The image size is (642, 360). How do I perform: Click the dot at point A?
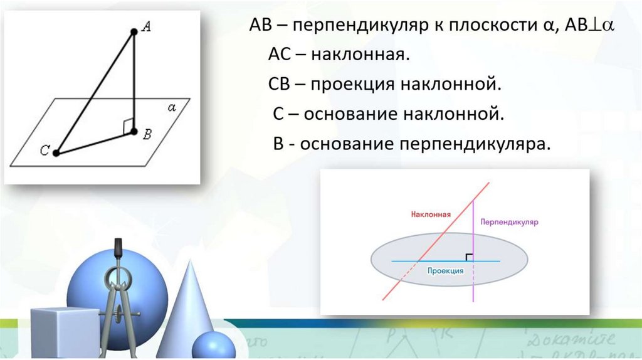point(134,31)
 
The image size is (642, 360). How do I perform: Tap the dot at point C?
point(56,152)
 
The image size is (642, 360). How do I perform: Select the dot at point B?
point(134,130)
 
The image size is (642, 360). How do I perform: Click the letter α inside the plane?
point(172,107)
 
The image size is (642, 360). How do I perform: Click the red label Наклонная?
point(431,214)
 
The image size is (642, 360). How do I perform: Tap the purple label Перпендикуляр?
point(510,222)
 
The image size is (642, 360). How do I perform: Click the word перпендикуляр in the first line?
point(358,26)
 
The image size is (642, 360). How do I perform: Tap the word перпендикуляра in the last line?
point(472,143)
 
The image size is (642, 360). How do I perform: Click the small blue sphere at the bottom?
point(213,346)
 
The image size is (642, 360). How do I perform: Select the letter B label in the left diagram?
point(148,133)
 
